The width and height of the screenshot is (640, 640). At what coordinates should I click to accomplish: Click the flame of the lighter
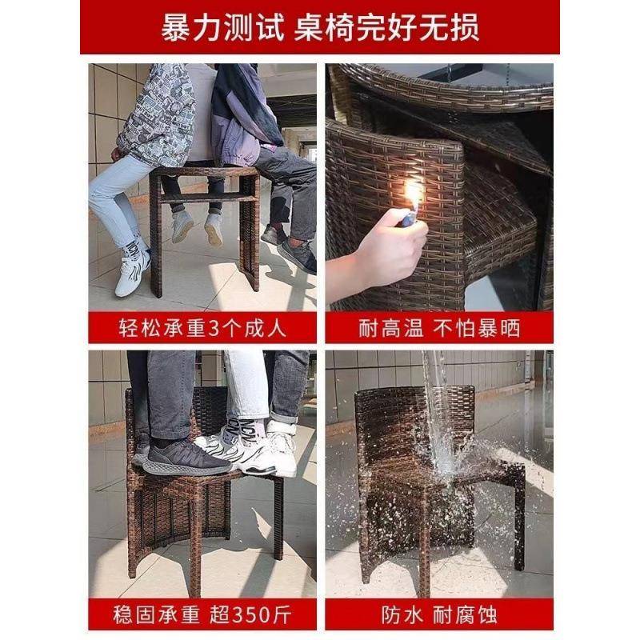tap(413, 195)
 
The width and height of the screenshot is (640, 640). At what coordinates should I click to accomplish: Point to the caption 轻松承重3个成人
tap(199, 328)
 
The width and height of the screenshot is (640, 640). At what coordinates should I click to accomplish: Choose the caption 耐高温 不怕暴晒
tap(439, 328)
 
